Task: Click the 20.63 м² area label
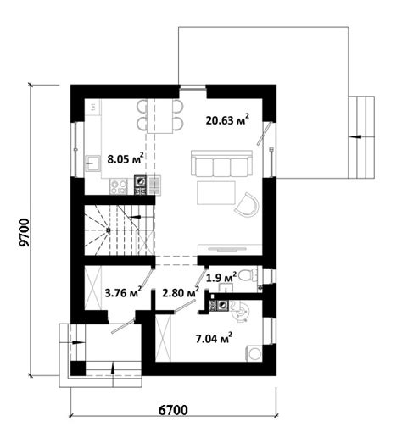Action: click(x=227, y=119)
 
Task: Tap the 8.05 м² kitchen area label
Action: click(x=126, y=158)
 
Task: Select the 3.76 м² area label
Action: click(x=123, y=293)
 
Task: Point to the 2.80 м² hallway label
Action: click(x=181, y=293)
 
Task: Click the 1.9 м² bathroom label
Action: click(x=222, y=278)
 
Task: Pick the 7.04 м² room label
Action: click(x=214, y=338)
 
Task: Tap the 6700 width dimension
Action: click(x=172, y=410)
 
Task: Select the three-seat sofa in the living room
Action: click(x=222, y=163)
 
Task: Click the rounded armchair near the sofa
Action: click(x=247, y=204)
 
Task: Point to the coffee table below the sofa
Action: click(x=216, y=193)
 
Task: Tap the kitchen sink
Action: click(x=92, y=163)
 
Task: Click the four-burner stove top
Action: click(x=119, y=187)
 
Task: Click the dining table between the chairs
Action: click(x=159, y=116)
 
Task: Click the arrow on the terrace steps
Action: click(x=355, y=136)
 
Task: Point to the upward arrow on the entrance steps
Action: click(x=113, y=368)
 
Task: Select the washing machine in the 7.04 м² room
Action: click(x=254, y=353)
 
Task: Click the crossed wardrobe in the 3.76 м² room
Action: click(x=93, y=288)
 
